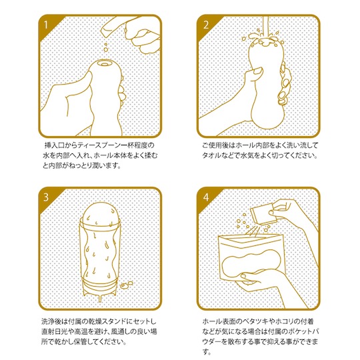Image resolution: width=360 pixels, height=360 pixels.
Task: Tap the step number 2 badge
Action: pos(206,25)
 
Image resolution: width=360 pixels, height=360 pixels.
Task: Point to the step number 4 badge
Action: pos(206,197)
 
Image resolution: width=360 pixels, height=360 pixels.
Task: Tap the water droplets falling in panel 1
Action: pos(105,47)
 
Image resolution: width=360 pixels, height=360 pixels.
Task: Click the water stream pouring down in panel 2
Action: pos(266,27)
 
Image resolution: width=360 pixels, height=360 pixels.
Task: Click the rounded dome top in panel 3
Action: pos(101,213)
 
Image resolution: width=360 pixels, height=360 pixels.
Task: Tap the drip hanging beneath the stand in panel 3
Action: pos(99,298)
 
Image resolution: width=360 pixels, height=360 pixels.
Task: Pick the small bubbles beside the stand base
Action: pos(126,284)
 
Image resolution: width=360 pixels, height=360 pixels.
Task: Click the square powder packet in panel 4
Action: pos(261,215)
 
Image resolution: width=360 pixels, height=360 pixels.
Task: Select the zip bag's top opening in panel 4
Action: pos(250,238)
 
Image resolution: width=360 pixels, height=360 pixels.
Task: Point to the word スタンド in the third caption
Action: pos(112,321)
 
